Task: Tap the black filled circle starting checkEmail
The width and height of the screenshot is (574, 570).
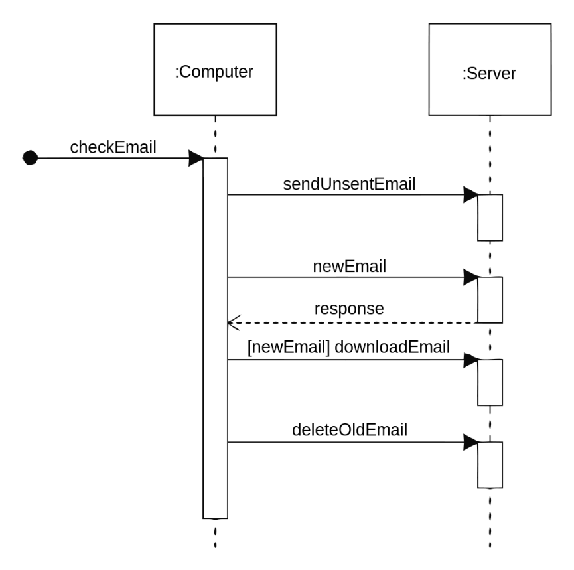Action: tap(31, 158)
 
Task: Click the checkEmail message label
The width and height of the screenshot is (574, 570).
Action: tap(113, 147)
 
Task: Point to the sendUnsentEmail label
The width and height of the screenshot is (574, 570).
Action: tap(349, 184)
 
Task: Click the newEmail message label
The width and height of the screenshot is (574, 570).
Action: tap(349, 267)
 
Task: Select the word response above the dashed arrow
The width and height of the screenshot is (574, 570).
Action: tap(349, 309)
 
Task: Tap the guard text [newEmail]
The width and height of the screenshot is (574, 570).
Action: tap(289, 347)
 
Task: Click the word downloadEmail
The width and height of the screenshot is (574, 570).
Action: tap(392, 347)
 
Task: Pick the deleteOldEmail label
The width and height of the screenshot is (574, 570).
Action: tap(350, 430)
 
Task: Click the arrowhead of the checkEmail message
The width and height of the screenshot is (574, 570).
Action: tap(196, 158)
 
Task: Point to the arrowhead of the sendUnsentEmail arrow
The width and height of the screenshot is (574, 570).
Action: tap(470, 195)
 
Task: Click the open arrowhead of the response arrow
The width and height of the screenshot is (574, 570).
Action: tap(234, 323)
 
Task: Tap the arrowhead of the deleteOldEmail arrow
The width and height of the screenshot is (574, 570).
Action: tap(470, 442)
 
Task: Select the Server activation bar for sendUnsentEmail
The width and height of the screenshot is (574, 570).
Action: tap(490, 218)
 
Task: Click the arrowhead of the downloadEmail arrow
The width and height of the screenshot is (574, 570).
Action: tap(470, 360)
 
